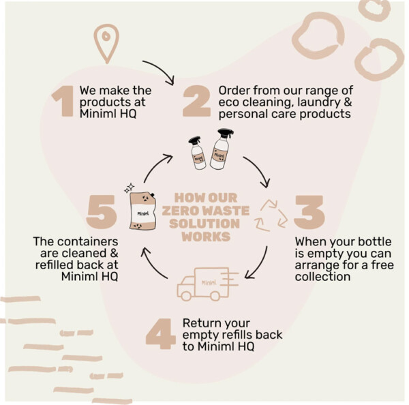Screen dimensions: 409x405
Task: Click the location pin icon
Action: (x=106, y=43)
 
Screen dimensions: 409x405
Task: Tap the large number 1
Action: (x=63, y=101)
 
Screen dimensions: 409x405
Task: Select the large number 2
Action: (x=196, y=101)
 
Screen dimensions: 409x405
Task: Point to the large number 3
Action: (x=309, y=212)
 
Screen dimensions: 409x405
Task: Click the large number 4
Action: (x=161, y=334)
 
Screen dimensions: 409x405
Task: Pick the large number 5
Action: (x=101, y=212)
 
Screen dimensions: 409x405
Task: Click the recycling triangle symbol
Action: (x=271, y=215)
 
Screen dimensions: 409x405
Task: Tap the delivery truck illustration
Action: (x=208, y=284)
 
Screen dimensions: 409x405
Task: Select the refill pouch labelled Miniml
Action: (x=143, y=211)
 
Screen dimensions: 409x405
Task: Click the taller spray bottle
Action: (x=222, y=149)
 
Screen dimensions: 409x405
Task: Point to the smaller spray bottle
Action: (x=197, y=153)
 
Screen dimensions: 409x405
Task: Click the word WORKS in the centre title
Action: (x=206, y=237)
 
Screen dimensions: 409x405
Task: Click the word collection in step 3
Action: (x=322, y=277)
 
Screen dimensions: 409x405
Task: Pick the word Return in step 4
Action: (x=200, y=323)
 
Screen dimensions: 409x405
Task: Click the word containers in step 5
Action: (x=88, y=241)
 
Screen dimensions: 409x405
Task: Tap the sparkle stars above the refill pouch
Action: (x=130, y=187)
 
